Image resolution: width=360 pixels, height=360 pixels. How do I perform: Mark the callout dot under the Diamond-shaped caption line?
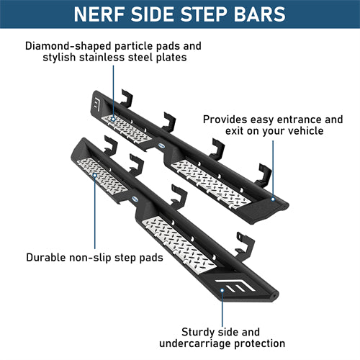(x=113, y=120)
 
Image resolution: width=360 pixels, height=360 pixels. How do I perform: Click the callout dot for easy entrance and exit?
(x=273, y=199)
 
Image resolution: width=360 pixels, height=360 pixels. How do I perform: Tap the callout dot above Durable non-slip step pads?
(x=95, y=176)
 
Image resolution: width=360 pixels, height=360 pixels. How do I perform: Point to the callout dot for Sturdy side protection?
(x=222, y=290)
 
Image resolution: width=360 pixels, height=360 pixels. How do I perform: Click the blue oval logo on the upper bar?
(x=161, y=145)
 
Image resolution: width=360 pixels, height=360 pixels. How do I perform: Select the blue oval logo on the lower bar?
(x=135, y=199)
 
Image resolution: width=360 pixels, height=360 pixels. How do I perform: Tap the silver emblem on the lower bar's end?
(x=235, y=286)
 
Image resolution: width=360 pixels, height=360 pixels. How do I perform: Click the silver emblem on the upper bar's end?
(x=96, y=104)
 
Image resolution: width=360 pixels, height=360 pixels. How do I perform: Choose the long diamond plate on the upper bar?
(x=211, y=184)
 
